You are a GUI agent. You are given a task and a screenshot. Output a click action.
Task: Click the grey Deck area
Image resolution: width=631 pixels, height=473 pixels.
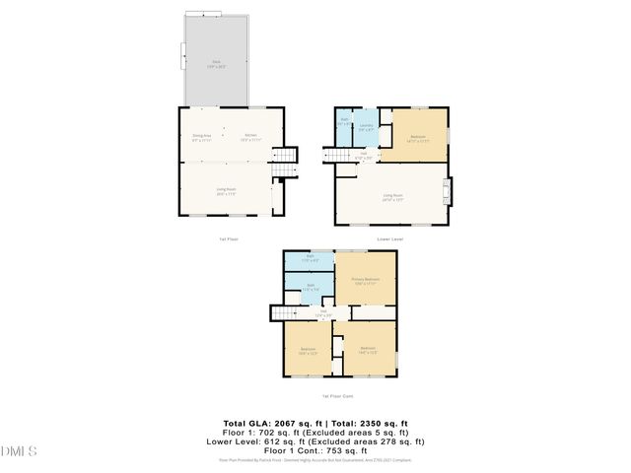(215, 61)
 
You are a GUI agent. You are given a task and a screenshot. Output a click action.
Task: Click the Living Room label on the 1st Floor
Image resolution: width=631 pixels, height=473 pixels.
(226, 189)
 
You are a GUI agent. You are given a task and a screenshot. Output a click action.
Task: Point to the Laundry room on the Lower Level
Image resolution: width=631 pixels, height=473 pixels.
(365, 127)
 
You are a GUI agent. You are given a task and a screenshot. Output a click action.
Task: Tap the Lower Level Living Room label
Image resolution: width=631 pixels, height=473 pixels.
(393, 196)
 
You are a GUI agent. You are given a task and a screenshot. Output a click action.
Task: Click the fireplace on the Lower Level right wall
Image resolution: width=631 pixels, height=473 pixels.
(451, 190)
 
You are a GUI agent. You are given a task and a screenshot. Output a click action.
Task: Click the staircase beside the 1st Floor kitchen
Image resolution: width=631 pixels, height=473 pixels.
(284, 164)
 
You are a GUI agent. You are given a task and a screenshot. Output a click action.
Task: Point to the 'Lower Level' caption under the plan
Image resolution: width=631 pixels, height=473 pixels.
(391, 238)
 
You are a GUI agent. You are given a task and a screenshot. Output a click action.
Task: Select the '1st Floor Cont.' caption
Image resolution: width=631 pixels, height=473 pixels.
(339, 395)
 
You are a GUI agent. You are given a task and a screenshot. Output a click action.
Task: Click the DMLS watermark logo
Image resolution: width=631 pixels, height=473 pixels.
(19, 451)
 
